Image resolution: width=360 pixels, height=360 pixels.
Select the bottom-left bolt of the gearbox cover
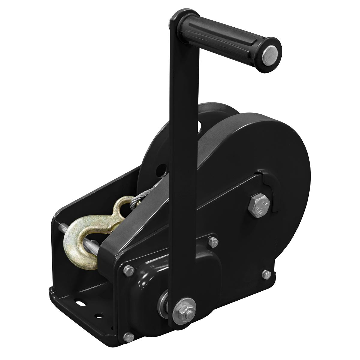[x=128, y=337]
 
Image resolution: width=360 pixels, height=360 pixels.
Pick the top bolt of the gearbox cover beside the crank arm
[x=213, y=241]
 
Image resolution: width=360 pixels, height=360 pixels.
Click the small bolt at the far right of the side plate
[x=265, y=274]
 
